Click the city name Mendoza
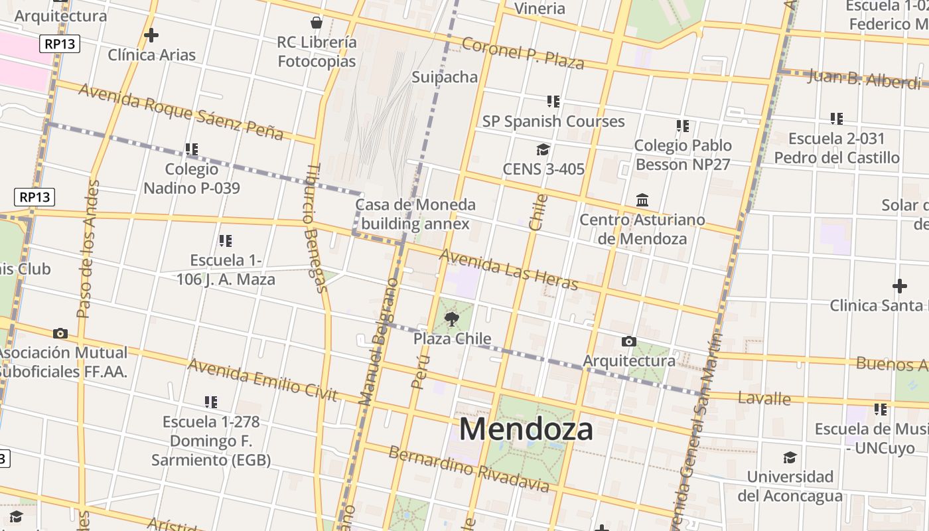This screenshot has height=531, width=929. [526, 429]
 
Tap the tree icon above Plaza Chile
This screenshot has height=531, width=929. [452, 319]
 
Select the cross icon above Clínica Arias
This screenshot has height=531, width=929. [151, 35]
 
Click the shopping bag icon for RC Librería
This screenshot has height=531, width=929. [317, 23]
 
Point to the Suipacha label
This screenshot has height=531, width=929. [445, 77]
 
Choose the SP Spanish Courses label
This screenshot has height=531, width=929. [553, 121]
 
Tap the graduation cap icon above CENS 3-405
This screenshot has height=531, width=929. [543, 150]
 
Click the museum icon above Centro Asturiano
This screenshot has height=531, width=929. [642, 200]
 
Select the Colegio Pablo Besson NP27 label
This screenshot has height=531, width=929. [683, 155]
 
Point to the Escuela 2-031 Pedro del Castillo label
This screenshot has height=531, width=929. [837, 148]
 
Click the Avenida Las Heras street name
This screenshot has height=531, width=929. [509, 269]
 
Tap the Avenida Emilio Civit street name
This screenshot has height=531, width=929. [263, 380]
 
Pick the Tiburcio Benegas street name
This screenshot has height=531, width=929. [316, 227]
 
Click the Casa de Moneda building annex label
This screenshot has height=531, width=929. [415, 214]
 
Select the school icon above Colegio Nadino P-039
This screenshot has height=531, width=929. [192, 149]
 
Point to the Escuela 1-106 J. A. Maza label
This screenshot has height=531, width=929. [226, 269]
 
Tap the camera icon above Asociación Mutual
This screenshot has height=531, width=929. [60, 333]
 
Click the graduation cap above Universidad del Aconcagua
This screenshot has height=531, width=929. [790, 457]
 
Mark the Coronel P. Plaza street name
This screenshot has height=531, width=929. [523, 53]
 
